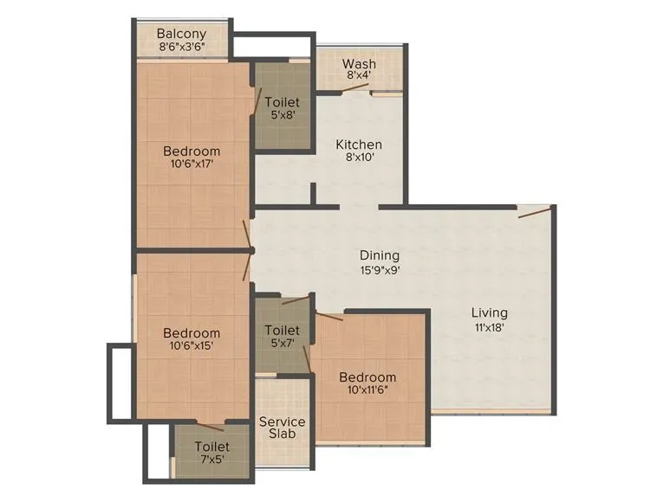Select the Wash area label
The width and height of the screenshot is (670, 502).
pos(358,64)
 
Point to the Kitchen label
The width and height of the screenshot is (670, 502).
pos(359,145)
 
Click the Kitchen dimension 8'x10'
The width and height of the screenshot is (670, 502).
pos(359,159)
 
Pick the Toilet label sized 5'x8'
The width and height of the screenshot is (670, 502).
pos(282,103)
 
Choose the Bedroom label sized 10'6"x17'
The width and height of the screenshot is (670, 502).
pos(192,151)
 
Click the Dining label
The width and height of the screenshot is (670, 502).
pos(380,255)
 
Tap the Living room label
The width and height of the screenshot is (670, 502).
pos(490,312)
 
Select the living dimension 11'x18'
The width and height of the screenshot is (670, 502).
pos(490,327)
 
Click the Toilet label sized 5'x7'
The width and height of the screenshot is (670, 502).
pos(282,331)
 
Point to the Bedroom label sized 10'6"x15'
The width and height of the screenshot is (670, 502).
pos(192,333)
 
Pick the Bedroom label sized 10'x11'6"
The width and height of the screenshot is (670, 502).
pos(368,377)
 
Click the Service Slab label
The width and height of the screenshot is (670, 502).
pos(283,427)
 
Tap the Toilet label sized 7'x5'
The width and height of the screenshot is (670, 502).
pos(200,447)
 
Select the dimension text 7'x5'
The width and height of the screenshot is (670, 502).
pos(200,460)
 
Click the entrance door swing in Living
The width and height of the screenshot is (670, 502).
pos(534,212)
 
